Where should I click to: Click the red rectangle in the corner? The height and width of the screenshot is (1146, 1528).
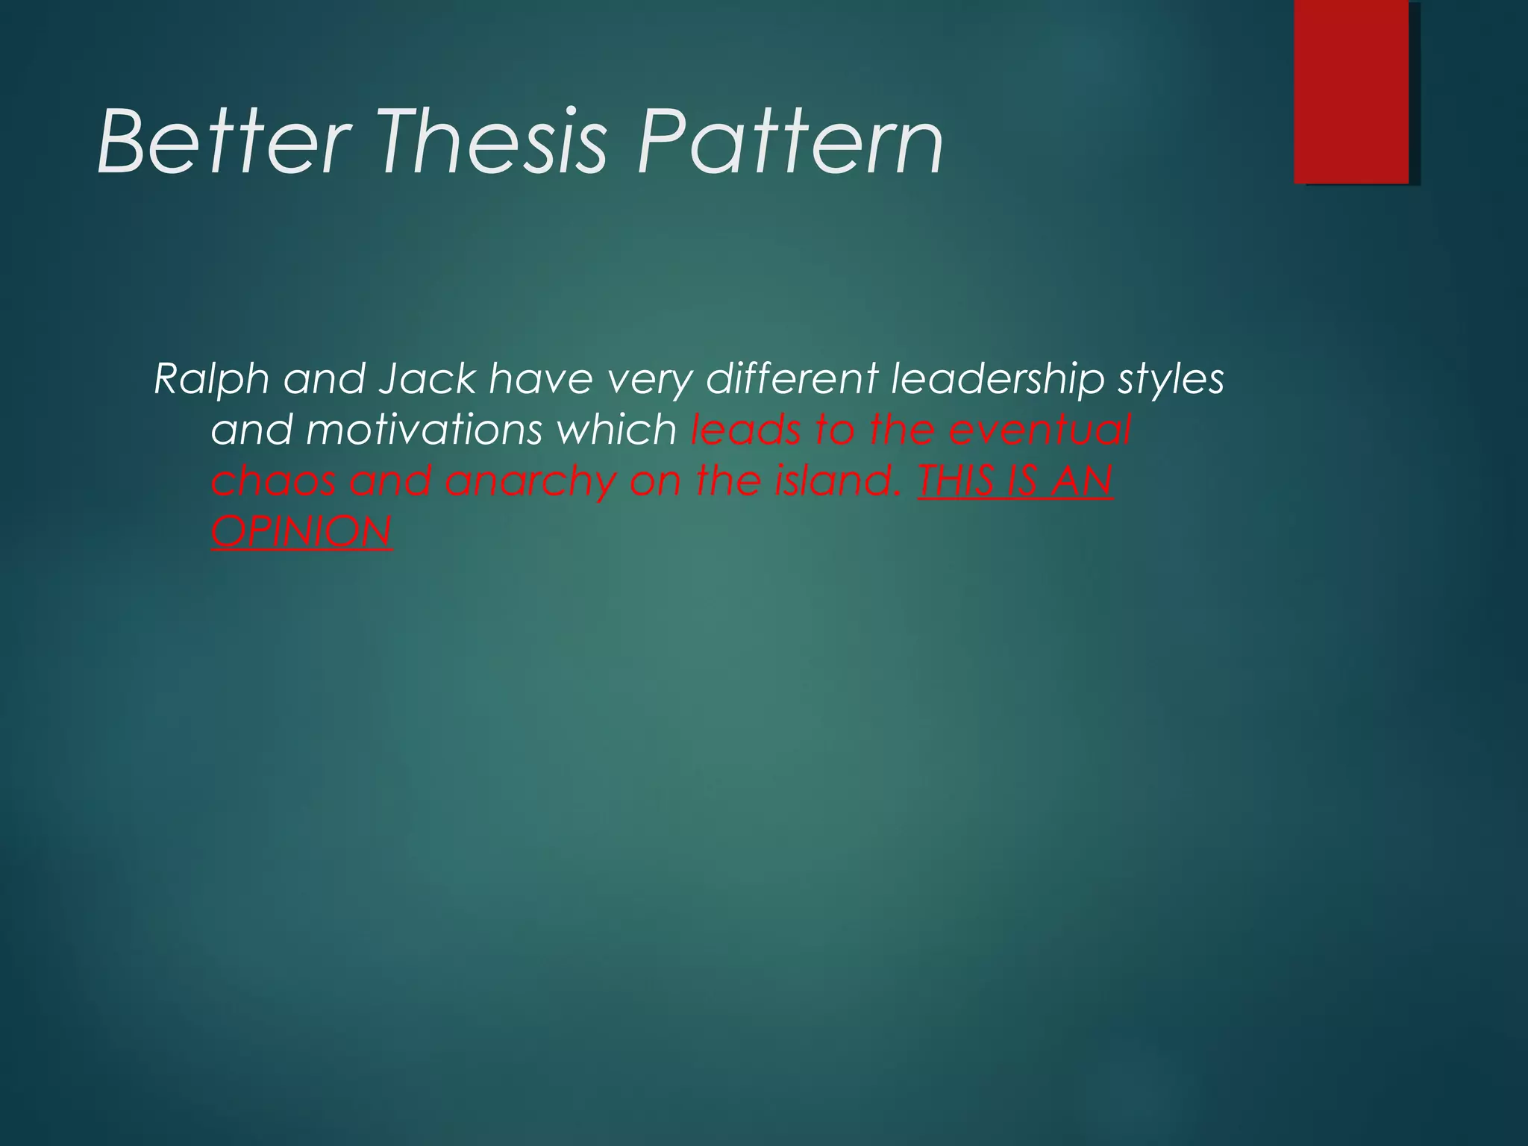click(1351, 91)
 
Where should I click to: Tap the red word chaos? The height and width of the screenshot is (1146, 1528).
click(273, 481)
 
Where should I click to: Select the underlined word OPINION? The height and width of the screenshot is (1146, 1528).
click(301, 532)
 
